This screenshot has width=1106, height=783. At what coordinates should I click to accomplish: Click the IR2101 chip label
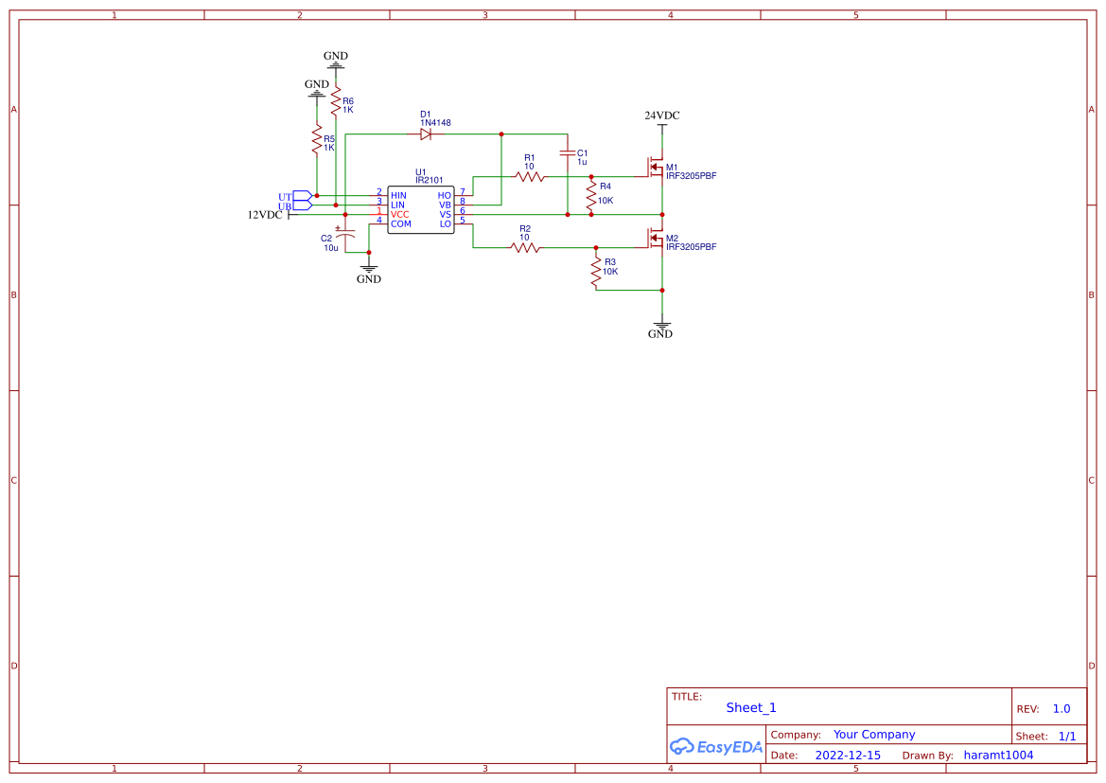point(430,180)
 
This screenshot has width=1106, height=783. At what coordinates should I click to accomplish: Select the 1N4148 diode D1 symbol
point(427,134)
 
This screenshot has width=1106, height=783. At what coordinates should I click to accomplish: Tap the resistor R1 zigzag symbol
point(530,176)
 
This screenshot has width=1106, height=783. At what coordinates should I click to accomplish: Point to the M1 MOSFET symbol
point(656,168)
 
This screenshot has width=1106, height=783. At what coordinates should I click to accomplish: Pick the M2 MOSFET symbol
point(656,238)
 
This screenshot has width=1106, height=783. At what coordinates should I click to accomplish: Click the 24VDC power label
point(662,116)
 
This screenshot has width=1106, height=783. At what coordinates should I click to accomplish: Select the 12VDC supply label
point(265,215)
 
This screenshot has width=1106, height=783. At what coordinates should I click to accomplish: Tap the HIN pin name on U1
point(398,195)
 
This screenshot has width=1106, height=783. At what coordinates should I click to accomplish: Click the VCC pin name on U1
point(400,214)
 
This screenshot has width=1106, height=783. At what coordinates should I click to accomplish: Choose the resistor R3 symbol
point(596,273)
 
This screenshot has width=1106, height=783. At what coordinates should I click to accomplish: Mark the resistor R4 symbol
point(591,197)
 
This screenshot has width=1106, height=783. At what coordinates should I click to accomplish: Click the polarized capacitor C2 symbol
point(345,234)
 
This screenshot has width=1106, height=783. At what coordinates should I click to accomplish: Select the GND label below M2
point(660,333)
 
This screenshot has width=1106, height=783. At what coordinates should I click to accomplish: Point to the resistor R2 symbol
point(525,248)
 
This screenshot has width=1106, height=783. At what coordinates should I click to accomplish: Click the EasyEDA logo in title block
point(715,746)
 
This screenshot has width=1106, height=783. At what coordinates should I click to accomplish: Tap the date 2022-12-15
point(848,756)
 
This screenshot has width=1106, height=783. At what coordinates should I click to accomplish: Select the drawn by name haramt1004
point(998,756)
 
